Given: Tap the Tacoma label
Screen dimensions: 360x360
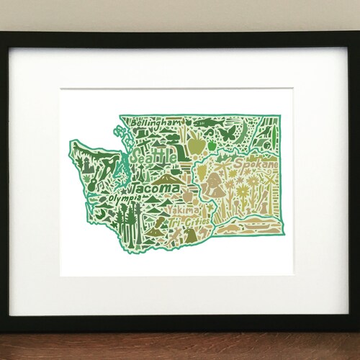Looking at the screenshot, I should [x=157, y=188].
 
